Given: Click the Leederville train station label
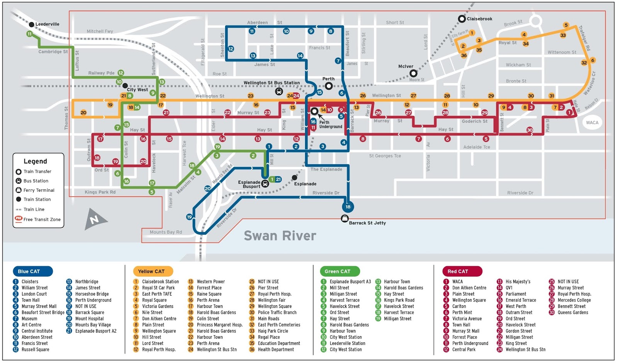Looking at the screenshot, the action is tap(47, 24).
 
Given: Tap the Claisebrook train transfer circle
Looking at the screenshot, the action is tap(462, 19).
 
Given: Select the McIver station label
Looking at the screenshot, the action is tap(406, 66).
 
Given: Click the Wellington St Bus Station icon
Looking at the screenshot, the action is tap(279, 92).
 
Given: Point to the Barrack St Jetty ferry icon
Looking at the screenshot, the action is tap(345, 219).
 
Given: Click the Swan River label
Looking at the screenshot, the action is tap(280, 235).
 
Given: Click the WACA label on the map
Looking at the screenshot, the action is tap(592, 123).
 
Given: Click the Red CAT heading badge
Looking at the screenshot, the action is tap(458, 271).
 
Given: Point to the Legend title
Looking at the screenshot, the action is tap(35, 161).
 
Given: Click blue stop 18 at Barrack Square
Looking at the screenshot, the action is tap(348, 207).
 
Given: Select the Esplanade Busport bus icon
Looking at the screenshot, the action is tap(265, 184).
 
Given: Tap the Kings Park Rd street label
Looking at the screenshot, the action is tap(100, 192).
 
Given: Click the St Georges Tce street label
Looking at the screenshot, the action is tap(385, 156).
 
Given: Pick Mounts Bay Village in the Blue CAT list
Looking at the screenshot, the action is tap(93, 325).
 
